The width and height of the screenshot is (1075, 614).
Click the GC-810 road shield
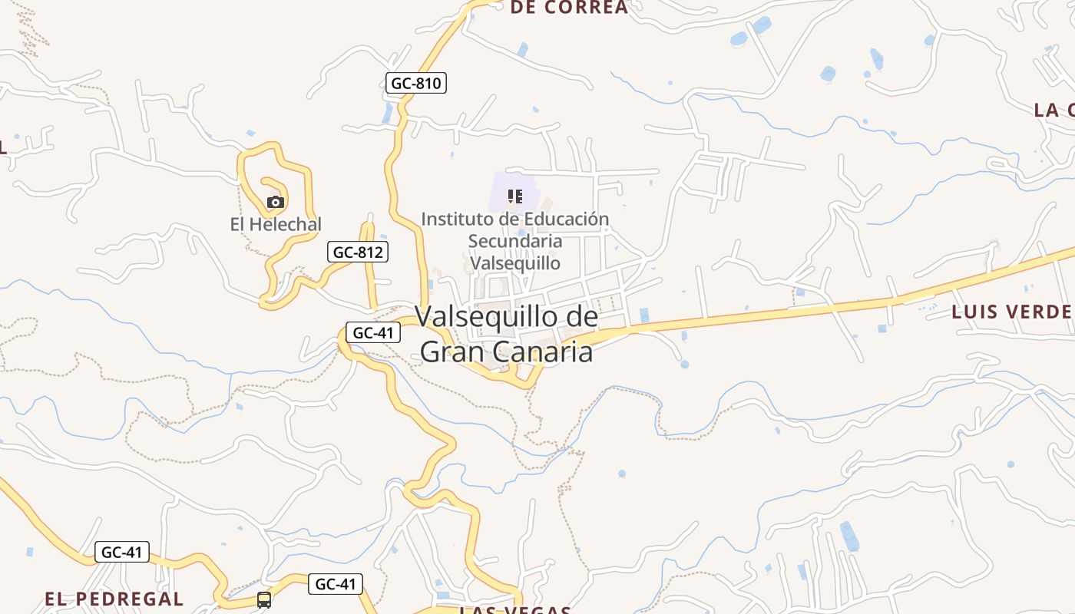[x=415, y=83]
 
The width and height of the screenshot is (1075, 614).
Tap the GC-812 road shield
[x=358, y=252]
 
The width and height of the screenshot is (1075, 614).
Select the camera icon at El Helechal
[x=276, y=203]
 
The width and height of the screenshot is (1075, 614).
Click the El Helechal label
[x=276, y=225]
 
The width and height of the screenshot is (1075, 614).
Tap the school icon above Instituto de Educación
[x=515, y=196]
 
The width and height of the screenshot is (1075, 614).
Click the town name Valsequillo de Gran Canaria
[x=507, y=334]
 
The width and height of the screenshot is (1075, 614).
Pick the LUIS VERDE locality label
[x=1011, y=312]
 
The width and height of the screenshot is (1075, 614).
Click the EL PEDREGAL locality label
[x=114, y=599]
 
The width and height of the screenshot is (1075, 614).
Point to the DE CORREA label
[x=569, y=8]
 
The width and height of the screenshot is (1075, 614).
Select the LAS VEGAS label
[x=515, y=610]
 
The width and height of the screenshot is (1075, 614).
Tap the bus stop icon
[x=264, y=599]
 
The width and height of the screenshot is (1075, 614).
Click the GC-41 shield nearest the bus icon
[x=336, y=584]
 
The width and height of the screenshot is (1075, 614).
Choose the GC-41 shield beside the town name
[x=373, y=332]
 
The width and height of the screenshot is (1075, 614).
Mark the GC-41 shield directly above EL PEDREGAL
[x=122, y=552]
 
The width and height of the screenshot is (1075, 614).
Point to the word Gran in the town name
[x=454, y=352]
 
